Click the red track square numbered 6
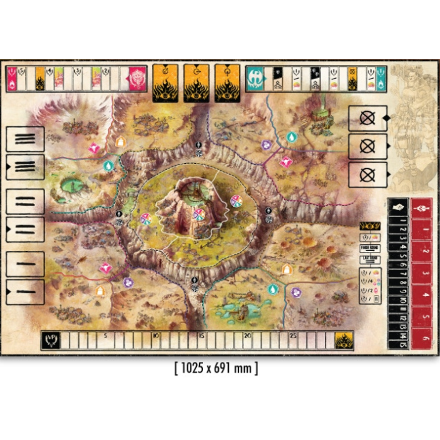click(x=421, y=339)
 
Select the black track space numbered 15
click(x=403, y=344)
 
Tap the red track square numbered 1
click(x=421, y=230)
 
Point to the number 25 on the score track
click(x=293, y=335)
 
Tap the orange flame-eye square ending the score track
click(x=344, y=340)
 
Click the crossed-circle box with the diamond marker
click(x=367, y=118)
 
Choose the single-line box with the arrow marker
click(x=25, y=292)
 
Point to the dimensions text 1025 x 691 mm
click(x=216, y=368)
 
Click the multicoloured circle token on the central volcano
click(x=199, y=215)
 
